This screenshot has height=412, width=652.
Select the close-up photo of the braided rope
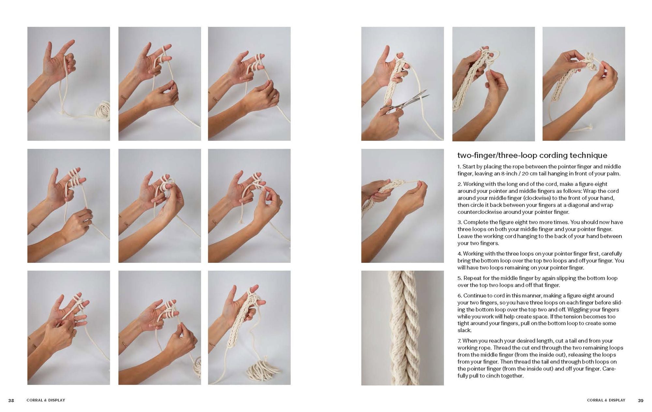[x=402, y=328]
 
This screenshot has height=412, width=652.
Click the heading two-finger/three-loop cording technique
[x=532, y=155]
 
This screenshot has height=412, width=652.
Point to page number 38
[x=11, y=400]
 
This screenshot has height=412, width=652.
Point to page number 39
[x=641, y=400]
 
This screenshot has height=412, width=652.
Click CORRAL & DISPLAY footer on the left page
[x=46, y=400]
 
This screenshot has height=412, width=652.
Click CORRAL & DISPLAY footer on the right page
[x=606, y=400]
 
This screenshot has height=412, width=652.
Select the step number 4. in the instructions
[x=459, y=254]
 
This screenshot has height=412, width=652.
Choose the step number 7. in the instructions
[x=459, y=341]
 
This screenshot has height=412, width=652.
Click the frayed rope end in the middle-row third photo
[x=242, y=221]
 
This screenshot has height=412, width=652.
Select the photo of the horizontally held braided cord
[x=402, y=206]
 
